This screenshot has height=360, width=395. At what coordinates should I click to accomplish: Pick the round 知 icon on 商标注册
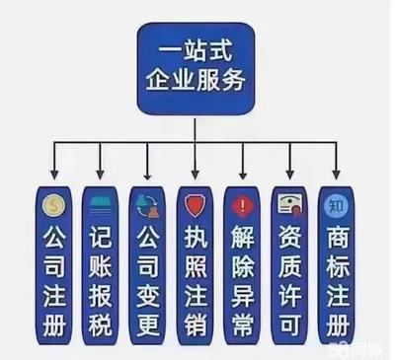pyautogui.click(x=334, y=207)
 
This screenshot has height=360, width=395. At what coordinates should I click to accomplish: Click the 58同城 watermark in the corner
pyautogui.click(x=364, y=348)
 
